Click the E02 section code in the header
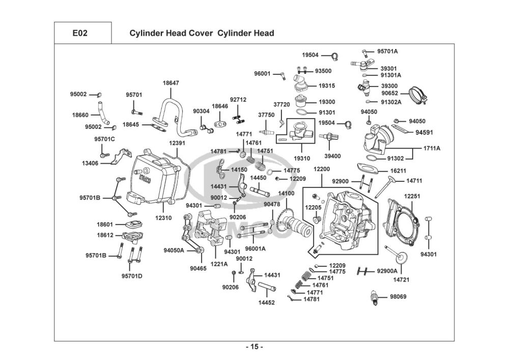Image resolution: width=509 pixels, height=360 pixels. tap(80, 34)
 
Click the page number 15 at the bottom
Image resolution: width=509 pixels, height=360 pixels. tap(254, 347)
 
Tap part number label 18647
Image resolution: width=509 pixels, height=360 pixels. tap(171, 83)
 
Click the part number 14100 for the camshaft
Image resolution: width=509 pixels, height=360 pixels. tap(286, 193)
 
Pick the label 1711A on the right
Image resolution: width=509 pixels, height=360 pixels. tap(432, 148)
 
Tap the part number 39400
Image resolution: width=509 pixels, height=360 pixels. tap(332, 156)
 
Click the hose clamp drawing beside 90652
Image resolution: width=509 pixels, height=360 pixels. tap(418, 95)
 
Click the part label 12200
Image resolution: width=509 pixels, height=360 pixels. tap(322, 169)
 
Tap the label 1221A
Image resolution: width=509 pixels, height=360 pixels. tap(220, 264)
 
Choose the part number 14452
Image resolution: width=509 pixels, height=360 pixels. tap(266, 302)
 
